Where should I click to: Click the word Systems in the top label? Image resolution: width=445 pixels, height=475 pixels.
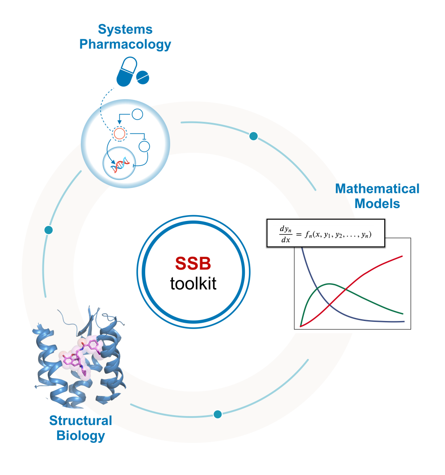point(125,30)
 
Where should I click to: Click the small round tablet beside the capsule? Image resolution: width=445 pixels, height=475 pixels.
point(143,77)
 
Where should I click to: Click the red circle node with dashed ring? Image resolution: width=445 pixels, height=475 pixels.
point(119,133)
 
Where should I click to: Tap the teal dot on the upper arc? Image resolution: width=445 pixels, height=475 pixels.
point(253,136)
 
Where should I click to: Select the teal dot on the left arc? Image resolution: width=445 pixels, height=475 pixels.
point(49,230)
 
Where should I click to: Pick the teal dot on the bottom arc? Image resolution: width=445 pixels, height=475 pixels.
point(218,414)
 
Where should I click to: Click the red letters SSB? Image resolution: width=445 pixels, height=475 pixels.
point(193,264)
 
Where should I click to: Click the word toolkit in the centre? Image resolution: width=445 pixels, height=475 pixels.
point(193,283)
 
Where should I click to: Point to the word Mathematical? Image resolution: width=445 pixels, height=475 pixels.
point(377,189)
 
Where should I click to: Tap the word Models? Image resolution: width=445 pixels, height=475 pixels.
point(377,204)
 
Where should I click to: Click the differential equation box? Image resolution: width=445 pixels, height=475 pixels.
point(326,233)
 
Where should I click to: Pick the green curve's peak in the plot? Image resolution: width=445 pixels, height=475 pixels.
point(329,283)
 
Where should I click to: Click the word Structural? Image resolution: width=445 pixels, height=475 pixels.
point(80,421)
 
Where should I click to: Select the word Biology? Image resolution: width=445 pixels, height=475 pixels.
point(80,435)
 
